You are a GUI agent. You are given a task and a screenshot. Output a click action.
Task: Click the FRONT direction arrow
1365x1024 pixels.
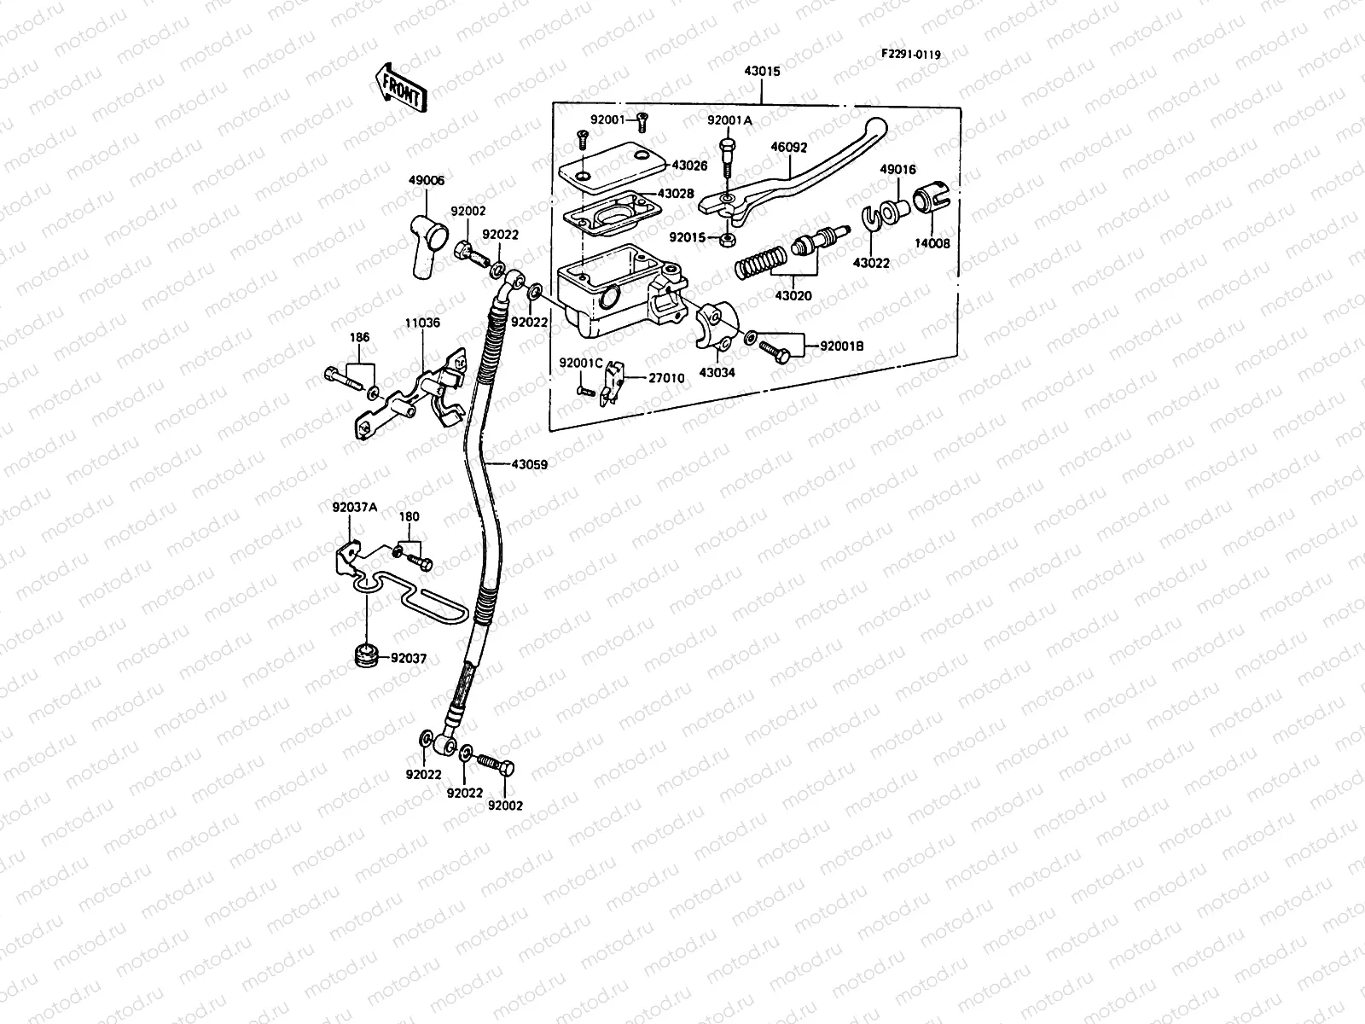pos(401,88)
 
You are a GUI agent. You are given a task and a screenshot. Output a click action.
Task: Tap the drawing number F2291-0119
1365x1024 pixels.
pos(910,55)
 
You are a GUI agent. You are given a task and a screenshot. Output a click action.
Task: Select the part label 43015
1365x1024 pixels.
pos(762,72)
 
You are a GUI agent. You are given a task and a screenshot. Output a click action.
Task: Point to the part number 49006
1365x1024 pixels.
pos(427,180)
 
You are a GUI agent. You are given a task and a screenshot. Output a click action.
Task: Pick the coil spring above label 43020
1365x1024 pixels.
pos(760,262)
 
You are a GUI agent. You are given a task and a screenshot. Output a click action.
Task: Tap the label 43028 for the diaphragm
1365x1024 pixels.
pos(676,194)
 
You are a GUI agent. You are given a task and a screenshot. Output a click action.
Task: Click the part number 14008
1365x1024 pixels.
pos(932,244)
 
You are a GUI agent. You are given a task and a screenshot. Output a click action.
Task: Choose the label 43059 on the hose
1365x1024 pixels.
pos(529,464)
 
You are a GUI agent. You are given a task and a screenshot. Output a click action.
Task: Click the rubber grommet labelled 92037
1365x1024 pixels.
pos(366,656)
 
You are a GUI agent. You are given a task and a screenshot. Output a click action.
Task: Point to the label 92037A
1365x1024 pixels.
pos(354,508)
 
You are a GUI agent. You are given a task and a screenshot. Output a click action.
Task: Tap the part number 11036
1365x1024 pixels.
pos(422,323)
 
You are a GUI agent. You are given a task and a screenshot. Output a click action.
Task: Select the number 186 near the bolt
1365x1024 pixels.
pos(359,338)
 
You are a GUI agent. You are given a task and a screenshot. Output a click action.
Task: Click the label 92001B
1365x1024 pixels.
pos(841,346)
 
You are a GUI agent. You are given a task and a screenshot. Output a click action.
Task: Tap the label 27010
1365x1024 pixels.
pos(666,378)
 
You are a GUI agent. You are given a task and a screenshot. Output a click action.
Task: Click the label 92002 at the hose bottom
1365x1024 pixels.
pos(505,806)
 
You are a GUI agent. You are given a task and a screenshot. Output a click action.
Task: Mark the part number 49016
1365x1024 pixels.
pos(897,169)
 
